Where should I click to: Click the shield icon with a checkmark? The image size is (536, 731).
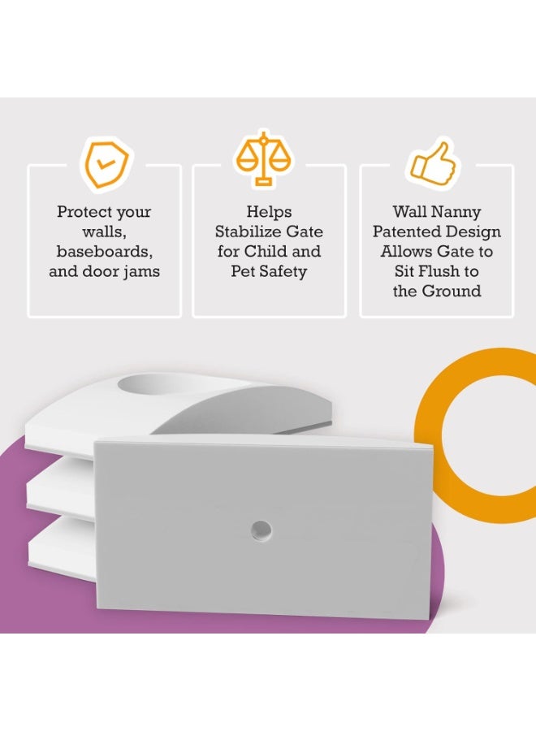coord(105,165)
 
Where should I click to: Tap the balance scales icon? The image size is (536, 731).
coord(263,159)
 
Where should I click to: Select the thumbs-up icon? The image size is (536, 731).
coord(434,164)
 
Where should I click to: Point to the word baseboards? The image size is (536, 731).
coord(105,251)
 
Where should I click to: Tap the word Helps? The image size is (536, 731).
coord(269,212)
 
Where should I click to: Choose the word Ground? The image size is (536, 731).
coord(452,291)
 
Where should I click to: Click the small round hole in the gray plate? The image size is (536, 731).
coord(261,530)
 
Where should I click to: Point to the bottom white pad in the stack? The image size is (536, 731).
coord(62,549)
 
